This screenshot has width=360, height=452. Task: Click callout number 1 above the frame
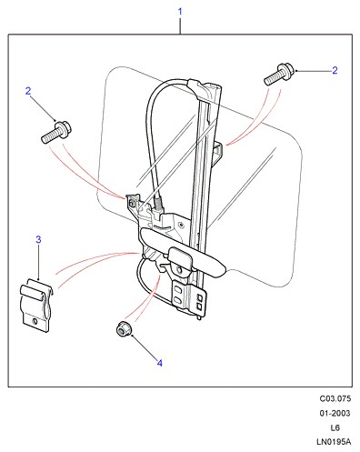180,12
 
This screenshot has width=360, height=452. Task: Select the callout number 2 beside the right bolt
335,70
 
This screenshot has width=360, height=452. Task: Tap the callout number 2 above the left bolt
28,91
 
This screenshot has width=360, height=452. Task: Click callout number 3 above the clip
38,239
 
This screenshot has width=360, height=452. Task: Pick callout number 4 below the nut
160,363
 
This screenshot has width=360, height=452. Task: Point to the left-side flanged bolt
55,132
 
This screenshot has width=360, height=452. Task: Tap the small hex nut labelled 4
124,328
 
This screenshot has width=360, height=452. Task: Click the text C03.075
335,398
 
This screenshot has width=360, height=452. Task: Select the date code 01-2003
335,413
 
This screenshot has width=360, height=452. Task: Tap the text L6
335,427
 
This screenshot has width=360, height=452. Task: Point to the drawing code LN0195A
334,442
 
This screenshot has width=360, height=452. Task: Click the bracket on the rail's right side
219,152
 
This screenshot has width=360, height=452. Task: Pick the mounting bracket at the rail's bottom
189,298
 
